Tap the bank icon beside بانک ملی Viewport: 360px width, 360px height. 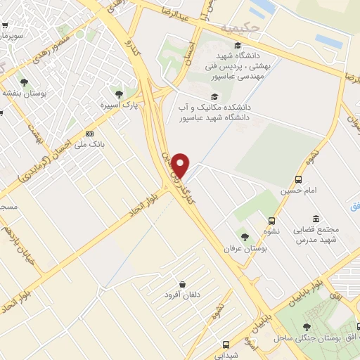coord(89,134)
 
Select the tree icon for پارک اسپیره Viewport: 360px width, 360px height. coord(119,94)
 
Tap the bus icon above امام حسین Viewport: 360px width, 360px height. coord(300,179)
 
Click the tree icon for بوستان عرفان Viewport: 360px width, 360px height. coord(244,237)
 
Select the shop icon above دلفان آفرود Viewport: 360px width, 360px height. coord(182,283)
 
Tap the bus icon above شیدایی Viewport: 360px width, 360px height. coord(226,344)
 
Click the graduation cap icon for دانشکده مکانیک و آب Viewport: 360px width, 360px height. coord(214,97)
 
